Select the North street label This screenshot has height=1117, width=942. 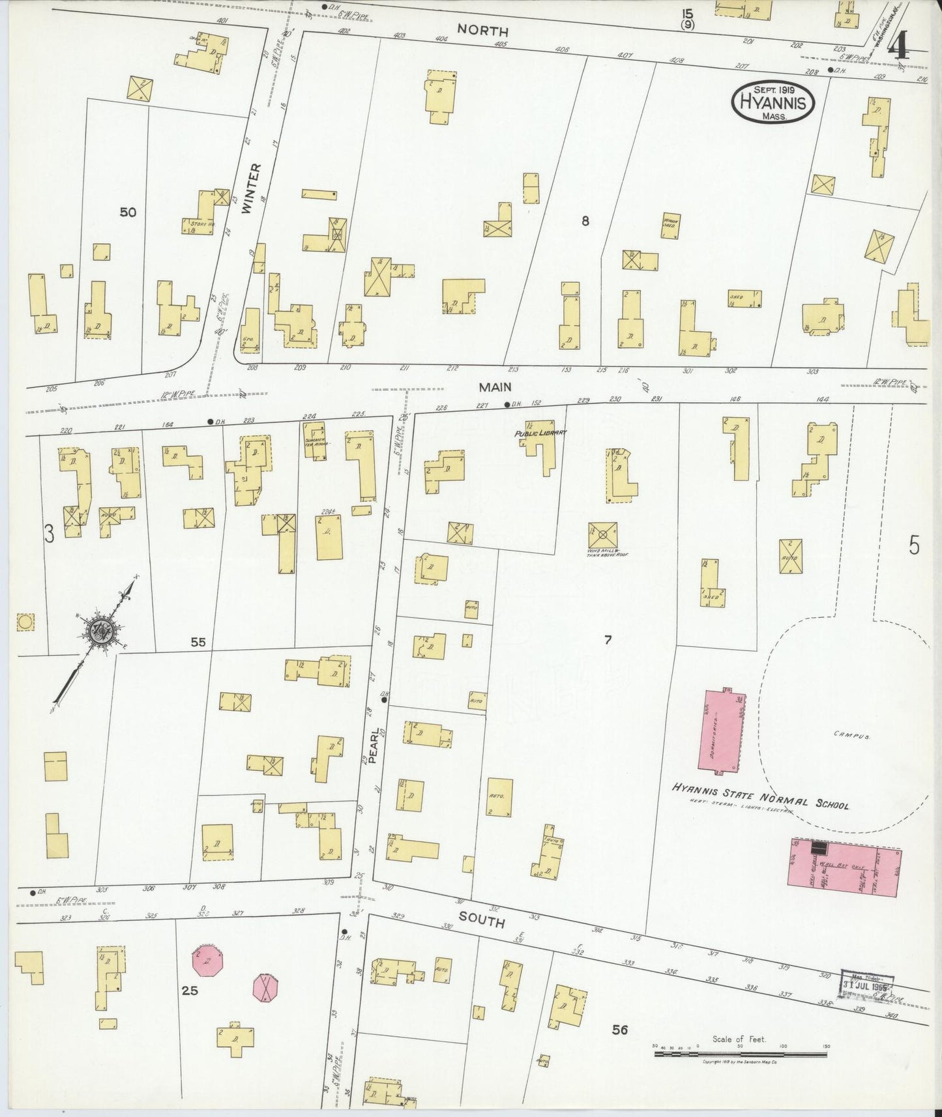pyautogui.click(x=482, y=30)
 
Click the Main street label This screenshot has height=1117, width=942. pyautogui.click(x=495, y=387)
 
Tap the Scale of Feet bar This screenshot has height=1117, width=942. pyautogui.click(x=740, y=1052)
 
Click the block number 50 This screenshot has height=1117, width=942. pyautogui.click(x=128, y=212)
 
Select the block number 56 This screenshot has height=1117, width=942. pyautogui.click(x=619, y=1029)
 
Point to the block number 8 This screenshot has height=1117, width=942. pyautogui.click(x=585, y=221)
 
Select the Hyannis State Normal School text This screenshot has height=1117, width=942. pyautogui.click(x=761, y=796)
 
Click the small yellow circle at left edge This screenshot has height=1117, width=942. pyautogui.click(x=25, y=622)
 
